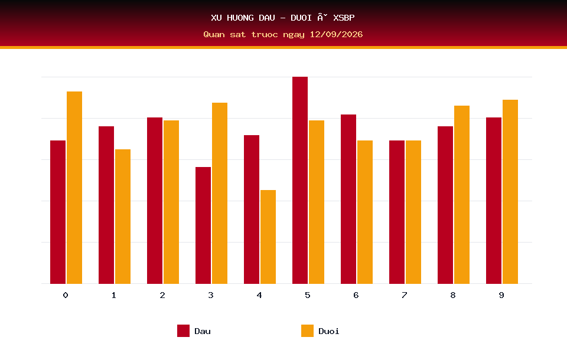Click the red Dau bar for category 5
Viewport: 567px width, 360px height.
(x=300, y=180)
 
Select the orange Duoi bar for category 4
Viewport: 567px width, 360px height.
(x=268, y=237)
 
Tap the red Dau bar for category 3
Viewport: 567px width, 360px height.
(x=203, y=225)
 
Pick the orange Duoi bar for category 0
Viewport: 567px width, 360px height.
(x=74, y=188)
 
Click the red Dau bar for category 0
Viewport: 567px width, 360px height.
(x=58, y=212)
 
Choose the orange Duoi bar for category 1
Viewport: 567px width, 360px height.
(x=123, y=217)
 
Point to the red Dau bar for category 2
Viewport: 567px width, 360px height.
(x=154, y=201)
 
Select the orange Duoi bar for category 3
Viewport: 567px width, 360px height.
(x=220, y=193)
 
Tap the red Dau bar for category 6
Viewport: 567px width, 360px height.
(x=348, y=199)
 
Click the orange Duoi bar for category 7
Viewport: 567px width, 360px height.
(x=413, y=212)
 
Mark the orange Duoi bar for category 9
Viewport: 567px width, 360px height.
(x=510, y=192)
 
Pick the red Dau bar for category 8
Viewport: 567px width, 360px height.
(x=445, y=205)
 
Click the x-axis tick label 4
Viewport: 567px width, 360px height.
(x=259, y=295)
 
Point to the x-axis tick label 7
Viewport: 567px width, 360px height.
(x=404, y=295)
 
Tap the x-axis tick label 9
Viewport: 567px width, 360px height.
(x=501, y=295)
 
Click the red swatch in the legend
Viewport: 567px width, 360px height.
(x=183, y=330)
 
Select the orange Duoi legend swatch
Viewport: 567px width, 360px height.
(x=307, y=330)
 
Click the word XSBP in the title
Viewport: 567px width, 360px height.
(x=344, y=18)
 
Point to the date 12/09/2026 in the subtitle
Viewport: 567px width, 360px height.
(x=336, y=34)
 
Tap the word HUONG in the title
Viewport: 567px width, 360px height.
(x=240, y=18)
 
